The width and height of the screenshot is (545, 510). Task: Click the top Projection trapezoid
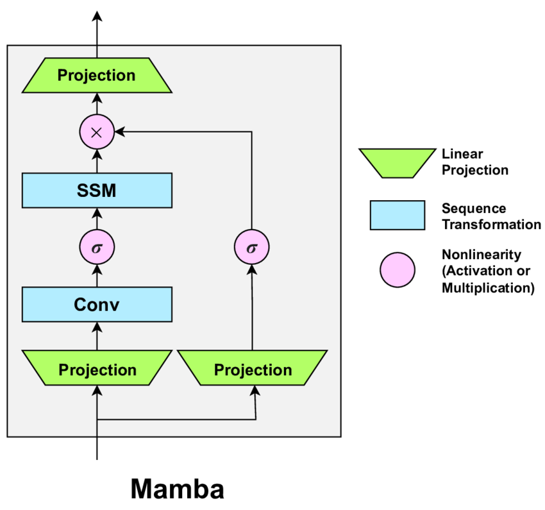pyautogui.click(x=97, y=75)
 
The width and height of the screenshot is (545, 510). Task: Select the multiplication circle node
pyautogui.click(x=97, y=132)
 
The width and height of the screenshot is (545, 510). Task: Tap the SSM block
pyautogui.click(x=97, y=190)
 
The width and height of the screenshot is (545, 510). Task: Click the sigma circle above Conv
pyautogui.click(x=97, y=248)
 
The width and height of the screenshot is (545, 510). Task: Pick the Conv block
pyautogui.click(x=97, y=304)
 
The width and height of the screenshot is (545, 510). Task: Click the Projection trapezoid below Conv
pyautogui.click(x=97, y=370)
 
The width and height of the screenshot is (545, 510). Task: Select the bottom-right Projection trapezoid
pyautogui.click(x=253, y=370)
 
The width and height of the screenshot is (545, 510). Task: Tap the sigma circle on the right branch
pyautogui.click(x=251, y=248)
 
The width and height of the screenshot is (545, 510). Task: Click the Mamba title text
pyautogui.click(x=178, y=489)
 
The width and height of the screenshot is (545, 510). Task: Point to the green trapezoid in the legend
pyautogui.click(x=396, y=162)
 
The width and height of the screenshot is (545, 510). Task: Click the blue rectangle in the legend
pyautogui.click(x=397, y=215)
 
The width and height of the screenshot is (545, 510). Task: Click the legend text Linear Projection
pyautogui.click(x=474, y=162)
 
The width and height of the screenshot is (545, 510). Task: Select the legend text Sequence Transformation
pyautogui.click(x=491, y=217)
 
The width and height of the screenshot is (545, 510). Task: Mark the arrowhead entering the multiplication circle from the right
pyautogui.click(x=119, y=132)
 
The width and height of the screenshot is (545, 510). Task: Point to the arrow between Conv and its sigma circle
pyautogui.click(x=97, y=276)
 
